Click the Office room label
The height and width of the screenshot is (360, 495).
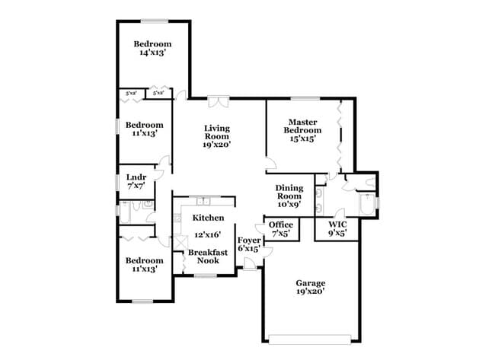tap(281, 225)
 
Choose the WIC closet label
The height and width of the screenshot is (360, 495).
tap(337, 225)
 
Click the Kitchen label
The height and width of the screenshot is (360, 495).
tap(202, 218)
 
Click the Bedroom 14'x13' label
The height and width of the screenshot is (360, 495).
tap(152, 44)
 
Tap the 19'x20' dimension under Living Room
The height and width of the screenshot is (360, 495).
tap(216, 144)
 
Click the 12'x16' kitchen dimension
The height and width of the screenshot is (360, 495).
tap(208, 236)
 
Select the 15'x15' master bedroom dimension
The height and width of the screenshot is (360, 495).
tap(300, 139)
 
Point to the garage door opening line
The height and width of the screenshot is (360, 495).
tap(310, 336)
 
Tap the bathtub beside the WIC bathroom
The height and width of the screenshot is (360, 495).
tap(369, 205)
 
